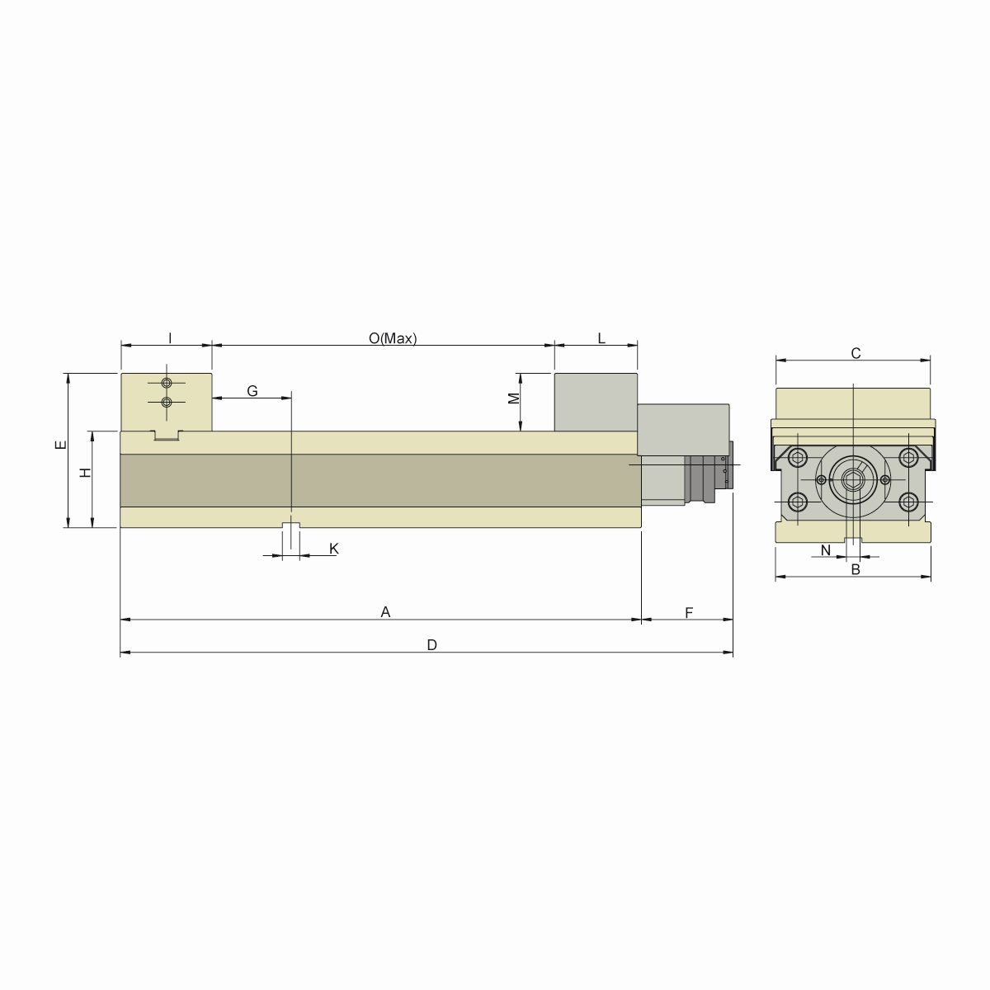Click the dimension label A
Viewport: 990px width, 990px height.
click(384, 611)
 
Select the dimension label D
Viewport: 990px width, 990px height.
click(431, 645)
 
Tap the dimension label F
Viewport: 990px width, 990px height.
click(688, 611)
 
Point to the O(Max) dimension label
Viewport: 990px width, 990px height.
click(393, 338)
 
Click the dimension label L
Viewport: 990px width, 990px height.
click(601, 338)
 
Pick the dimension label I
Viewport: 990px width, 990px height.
click(169, 338)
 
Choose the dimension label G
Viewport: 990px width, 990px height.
click(252, 390)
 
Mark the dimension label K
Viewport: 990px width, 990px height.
click(333, 549)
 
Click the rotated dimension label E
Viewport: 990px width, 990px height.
click(59, 445)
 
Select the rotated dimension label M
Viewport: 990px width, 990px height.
click(513, 398)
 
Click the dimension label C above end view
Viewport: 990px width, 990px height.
click(856, 353)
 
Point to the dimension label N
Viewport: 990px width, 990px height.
click(825, 549)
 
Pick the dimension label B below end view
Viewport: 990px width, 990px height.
click(856, 569)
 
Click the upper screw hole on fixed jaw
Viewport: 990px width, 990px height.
click(167, 384)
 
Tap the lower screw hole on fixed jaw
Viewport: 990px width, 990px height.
click(167, 402)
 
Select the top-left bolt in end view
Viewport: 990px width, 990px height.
click(798, 458)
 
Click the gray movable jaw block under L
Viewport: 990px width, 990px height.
click(596, 402)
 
